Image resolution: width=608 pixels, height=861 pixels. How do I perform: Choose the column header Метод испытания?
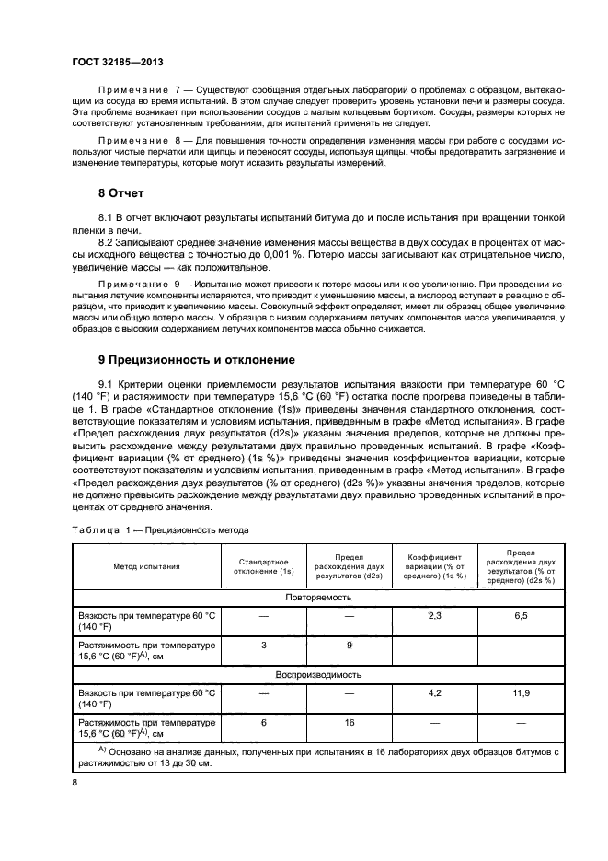click(x=147, y=566)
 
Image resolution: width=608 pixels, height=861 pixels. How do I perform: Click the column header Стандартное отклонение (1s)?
click(x=264, y=566)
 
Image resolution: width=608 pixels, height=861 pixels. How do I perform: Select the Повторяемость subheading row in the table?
click(x=317, y=597)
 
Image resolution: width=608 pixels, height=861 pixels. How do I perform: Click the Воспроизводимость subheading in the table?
click(x=317, y=674)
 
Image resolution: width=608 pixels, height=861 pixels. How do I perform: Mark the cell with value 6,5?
click(x=520, y=614)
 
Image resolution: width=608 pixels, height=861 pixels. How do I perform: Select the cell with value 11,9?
click(x=520, y=692)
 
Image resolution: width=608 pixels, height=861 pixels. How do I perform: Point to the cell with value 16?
click(x=350, y=723)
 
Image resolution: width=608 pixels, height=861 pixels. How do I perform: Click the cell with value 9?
click(x=350, y=646)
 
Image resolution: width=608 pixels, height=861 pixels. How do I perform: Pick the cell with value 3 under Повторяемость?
click(x=264, y=646)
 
